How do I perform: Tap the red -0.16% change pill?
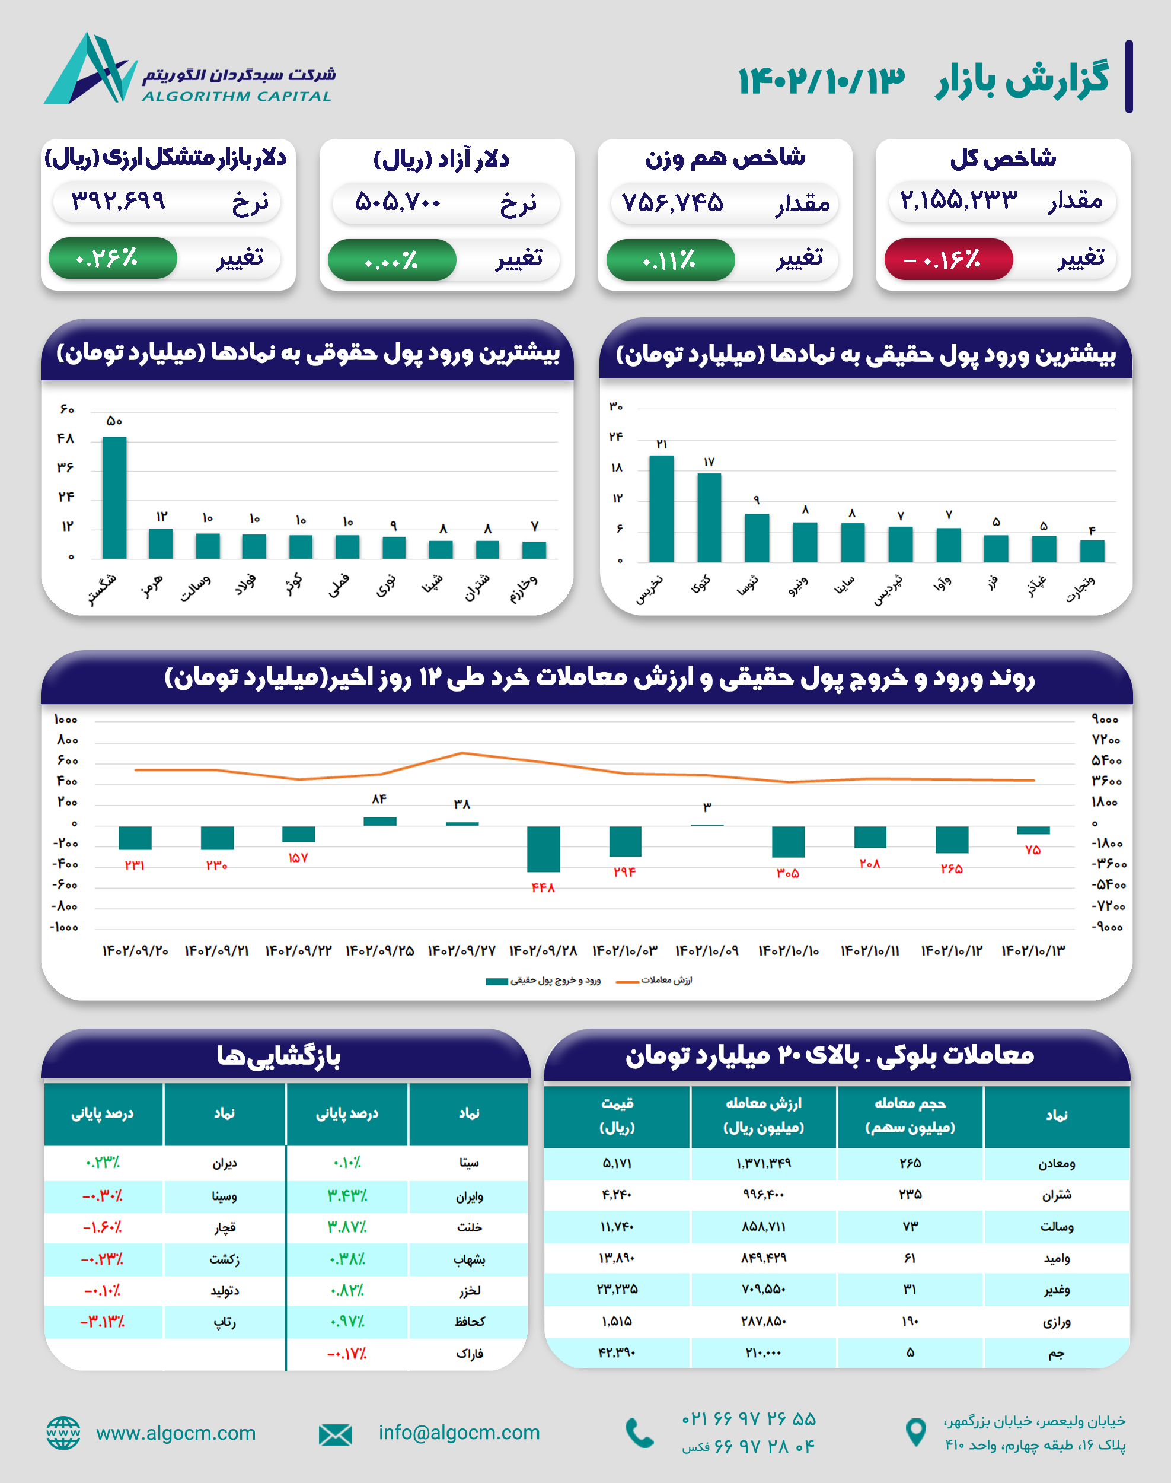948,259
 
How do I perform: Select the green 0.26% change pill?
113,258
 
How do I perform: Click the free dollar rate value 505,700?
397,202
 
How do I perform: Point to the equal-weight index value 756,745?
672,202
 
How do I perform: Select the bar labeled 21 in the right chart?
661,508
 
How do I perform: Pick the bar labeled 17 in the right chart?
709,517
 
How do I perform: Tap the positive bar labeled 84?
380,821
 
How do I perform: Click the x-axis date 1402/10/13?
1033,951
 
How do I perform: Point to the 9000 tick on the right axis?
1105,719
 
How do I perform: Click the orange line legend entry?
655,980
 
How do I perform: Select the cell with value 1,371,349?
763,1163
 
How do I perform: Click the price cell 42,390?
617,1352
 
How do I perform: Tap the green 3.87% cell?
347,1227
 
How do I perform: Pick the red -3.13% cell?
103,1321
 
